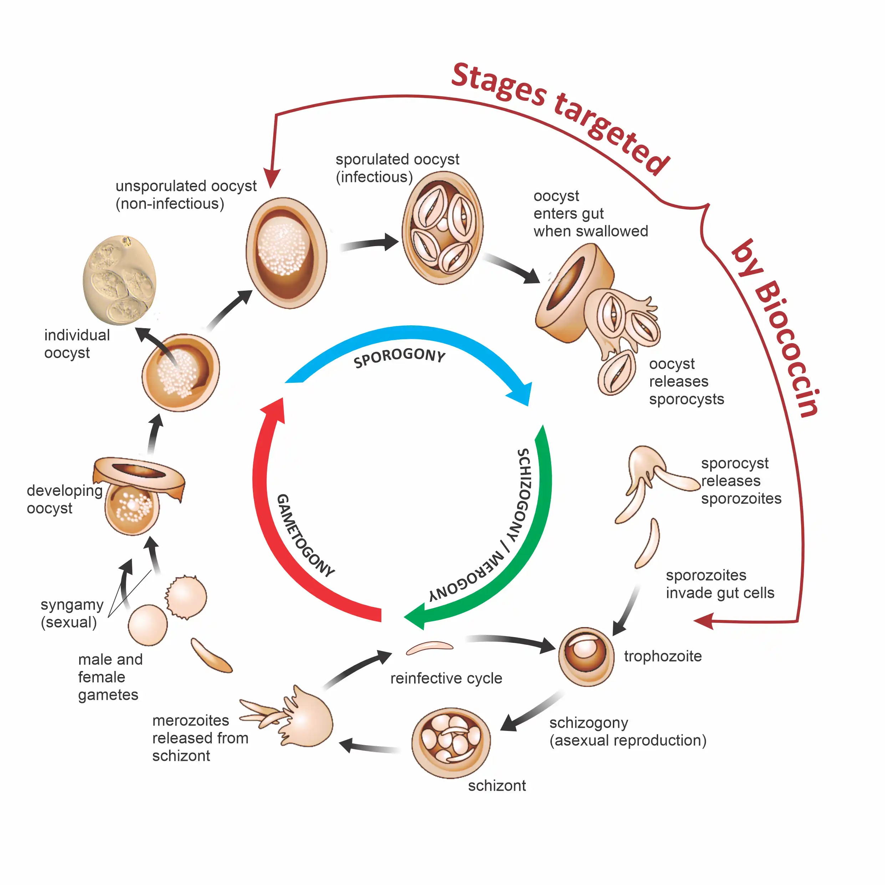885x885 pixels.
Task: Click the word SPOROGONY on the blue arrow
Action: click(x=400, y=357)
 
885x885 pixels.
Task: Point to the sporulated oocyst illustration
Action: click(x=442, y=228)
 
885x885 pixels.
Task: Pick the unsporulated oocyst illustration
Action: click(x=286, y=253)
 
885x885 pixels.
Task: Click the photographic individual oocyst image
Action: click(x=119, y=280)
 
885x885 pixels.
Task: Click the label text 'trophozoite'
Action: click(x=662, y=656)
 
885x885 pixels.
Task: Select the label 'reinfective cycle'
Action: click(x=446, y=678)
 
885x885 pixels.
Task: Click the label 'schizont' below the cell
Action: click(x=497, y=785)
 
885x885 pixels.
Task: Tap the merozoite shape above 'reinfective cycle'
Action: click(x=429, y=647)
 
